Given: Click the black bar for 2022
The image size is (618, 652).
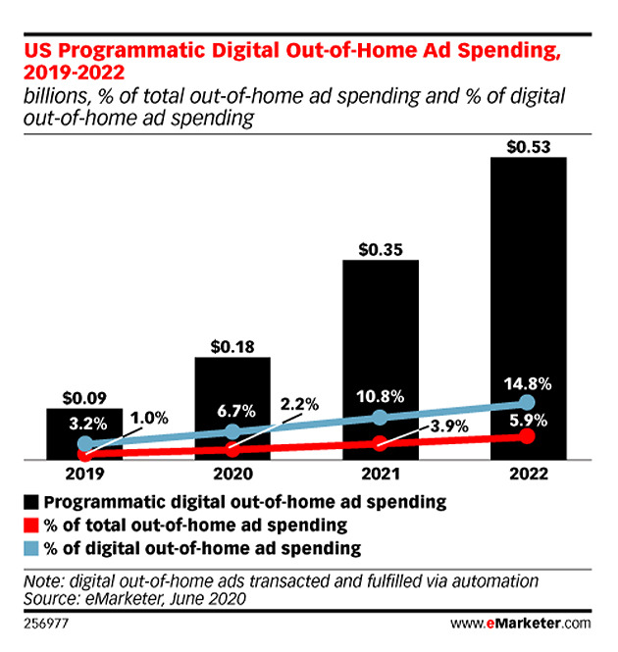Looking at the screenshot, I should (x=528, y=294).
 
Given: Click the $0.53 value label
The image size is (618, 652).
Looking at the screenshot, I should (x=528, y=147).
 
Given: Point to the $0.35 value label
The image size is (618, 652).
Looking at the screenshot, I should (x=381, y=249).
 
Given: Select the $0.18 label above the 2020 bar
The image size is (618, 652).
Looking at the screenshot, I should (x=232, y=346).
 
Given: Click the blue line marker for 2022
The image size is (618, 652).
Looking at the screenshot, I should (x=528, y=402).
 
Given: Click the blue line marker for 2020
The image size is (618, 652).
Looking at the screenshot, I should (x=232, y=431).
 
